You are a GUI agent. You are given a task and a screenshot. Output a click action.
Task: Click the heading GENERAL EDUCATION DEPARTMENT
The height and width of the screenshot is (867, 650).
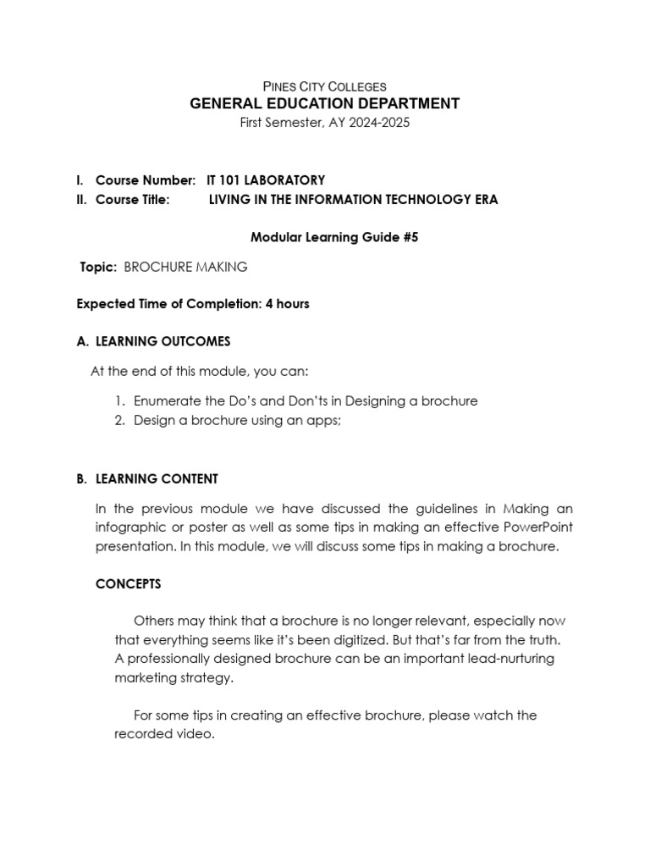[325, 103]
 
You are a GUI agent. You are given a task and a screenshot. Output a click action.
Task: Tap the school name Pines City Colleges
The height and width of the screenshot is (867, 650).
[325, 86]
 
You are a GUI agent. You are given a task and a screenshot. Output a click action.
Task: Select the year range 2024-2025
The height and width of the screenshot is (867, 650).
[378, 123]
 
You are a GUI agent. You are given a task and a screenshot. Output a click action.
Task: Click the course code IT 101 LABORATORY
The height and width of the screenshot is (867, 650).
[266, 179]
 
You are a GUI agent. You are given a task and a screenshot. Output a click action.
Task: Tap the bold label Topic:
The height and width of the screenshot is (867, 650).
[97, 267]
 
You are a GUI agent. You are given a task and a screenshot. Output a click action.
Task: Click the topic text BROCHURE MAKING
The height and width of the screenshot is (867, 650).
[185, 267]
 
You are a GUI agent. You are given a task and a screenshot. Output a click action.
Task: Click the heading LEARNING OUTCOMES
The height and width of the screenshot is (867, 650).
[162, 341]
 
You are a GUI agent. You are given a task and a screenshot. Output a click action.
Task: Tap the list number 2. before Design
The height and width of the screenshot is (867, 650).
[119, 420]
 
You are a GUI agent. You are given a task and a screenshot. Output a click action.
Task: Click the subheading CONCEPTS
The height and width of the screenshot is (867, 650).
[128, 584]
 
